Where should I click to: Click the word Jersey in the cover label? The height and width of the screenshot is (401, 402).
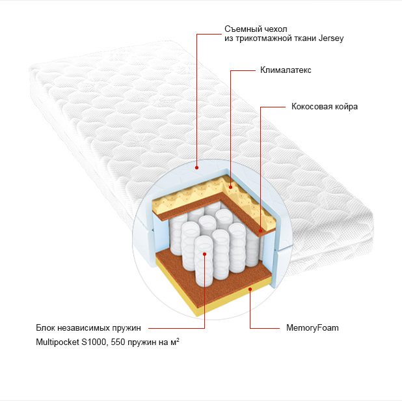(330, 38)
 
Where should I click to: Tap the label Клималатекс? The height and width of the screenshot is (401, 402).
(286, 70)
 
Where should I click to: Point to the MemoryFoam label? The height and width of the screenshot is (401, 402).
(312, 328)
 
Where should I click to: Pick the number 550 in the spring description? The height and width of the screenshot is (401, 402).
(118, 342)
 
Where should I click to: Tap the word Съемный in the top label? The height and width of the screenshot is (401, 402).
(241, 29)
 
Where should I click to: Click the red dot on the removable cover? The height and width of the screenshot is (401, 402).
(196, 167)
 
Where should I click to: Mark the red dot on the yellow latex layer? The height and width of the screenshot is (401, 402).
(230, 187)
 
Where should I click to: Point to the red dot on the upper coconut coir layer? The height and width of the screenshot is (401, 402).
(260, 230)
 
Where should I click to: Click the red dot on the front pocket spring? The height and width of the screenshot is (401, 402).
(204, 254)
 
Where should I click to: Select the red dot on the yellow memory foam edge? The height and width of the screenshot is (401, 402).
(250, 289)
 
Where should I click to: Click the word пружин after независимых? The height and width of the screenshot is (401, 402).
(127, 328)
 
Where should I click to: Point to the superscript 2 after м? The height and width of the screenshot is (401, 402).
(178, 340)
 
